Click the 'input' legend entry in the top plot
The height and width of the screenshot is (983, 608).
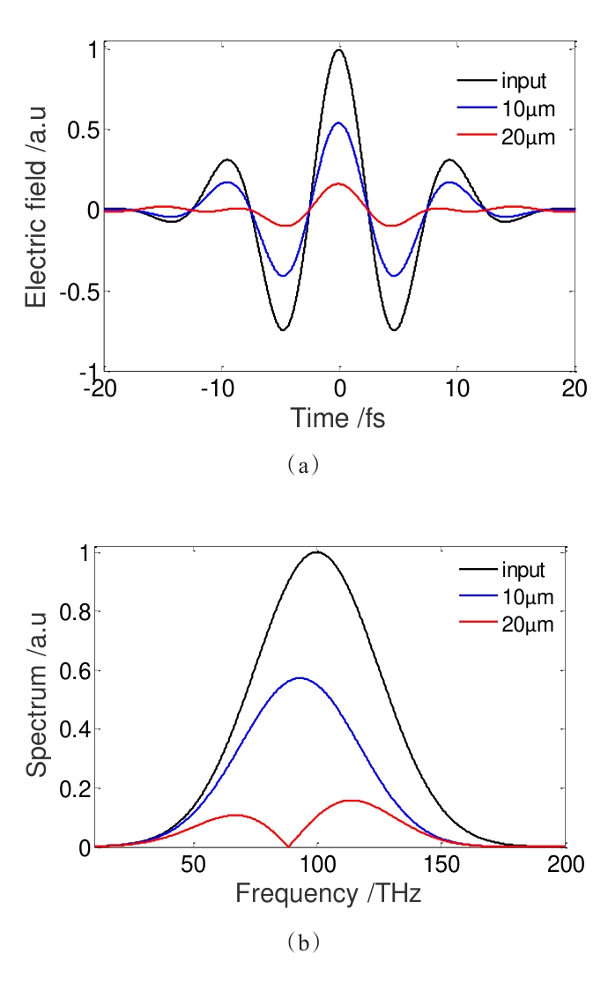tap(524, 82)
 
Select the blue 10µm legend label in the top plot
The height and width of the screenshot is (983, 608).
tap(528, 109)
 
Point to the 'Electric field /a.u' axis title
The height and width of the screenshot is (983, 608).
tap(35, 210)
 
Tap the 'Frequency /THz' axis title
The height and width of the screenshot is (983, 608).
tap(328, 894)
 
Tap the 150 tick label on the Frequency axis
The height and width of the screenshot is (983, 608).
tap(441, 864)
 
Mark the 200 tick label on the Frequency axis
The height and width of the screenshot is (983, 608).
tap(565, 864)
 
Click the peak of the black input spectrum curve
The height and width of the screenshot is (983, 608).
tap(317, 552)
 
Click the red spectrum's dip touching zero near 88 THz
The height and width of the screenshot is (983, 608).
tap(288, 846)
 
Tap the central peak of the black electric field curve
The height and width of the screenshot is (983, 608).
tap(339, 50)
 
